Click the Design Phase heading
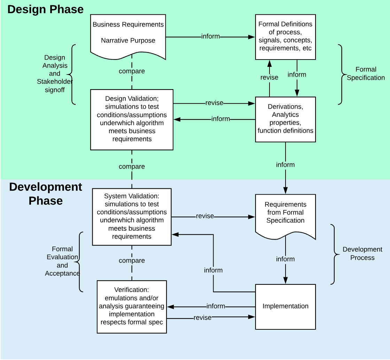coord(45,9)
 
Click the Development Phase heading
coord(46,194)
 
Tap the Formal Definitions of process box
coord(286,36)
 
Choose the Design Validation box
coord(132,119)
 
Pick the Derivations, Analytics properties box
coord(286,119)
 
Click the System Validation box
coord(132,217)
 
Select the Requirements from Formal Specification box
coord(286,213)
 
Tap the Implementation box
coord(286,306)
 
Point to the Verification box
coord(132,306)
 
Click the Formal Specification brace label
coord(366,74)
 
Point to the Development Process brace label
coord(362,253)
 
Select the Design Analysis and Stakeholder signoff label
coord(55,74)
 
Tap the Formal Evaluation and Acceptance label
coord(62,261)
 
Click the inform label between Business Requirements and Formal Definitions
coord(211,36)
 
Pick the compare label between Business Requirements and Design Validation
coord(132,71)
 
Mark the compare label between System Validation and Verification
coord(132,261)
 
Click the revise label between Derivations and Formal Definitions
coord(269,78)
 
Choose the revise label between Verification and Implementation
coord(202,318)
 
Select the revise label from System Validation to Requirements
coord(205,216)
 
